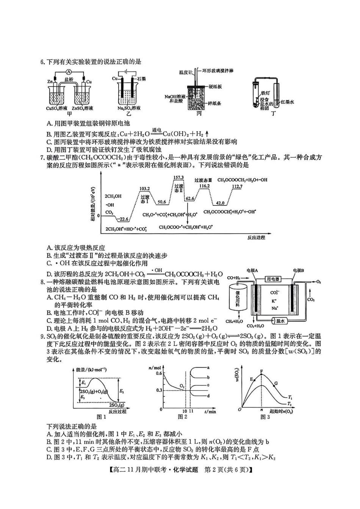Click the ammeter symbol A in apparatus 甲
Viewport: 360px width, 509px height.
(x=69, y=72)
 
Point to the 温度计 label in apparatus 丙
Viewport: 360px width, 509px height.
(x=186, y=72)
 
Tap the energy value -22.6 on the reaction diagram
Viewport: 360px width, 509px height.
(x=124, y=219)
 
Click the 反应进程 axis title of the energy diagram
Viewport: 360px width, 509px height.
(x=256, y=237)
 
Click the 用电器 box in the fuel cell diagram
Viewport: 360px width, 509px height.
(x=273, y=279)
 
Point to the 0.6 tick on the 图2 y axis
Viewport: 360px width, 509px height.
(x=158, y=373)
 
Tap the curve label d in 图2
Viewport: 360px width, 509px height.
(x=208, y=396)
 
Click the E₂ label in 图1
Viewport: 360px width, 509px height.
(x=122, y=391)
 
